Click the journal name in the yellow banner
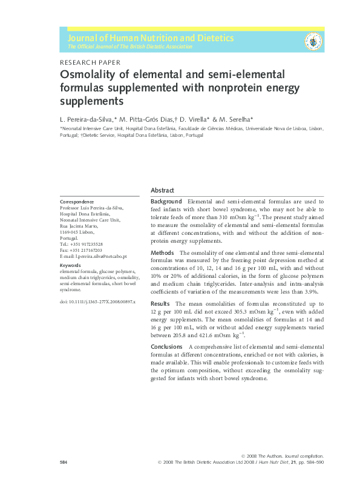[x=151, y=38]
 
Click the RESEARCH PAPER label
[x=90, y=62]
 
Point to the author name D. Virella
[x=197, y=119]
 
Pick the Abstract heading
[x=162, y=189]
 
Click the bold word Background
[x=166, y=201]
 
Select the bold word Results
[x=160, y=303]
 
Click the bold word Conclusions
[x=167, y=346]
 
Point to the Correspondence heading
[x=77, y=202]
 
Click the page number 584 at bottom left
[x=64, y=462]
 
